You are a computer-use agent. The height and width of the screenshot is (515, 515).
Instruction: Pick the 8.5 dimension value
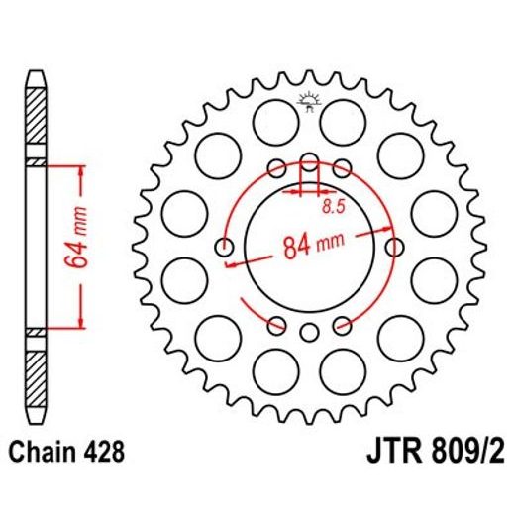[334, 207]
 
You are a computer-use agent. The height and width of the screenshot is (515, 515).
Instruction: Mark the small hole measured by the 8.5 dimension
[309, 163]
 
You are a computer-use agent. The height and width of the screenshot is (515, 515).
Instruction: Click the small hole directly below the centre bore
[309, 331]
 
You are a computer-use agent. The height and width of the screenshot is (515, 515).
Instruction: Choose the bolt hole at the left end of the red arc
[225, 247]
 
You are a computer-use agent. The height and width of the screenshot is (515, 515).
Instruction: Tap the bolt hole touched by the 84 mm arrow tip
[393, 247]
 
